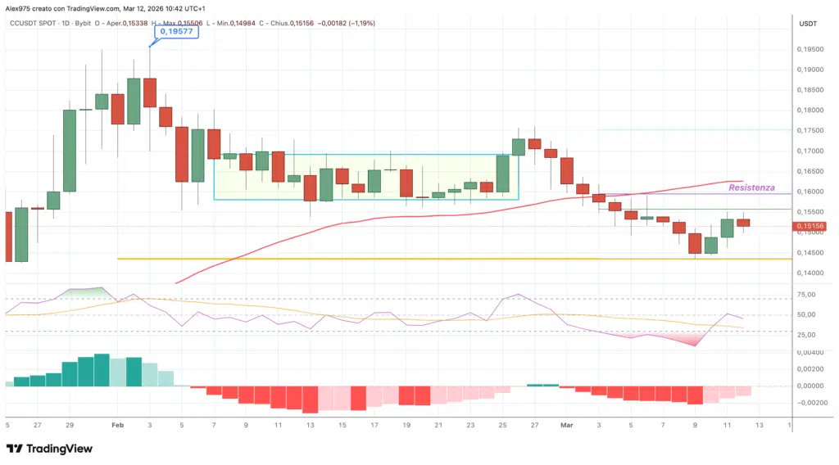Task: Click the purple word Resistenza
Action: [751, 187]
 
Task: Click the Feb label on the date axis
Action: [117, 425]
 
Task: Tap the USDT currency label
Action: [809, 23]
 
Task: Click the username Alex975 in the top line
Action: [20, 7]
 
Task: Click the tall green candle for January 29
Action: [70, 150]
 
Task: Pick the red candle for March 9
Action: [696, 244]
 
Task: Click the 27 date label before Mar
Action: [534, 425]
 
